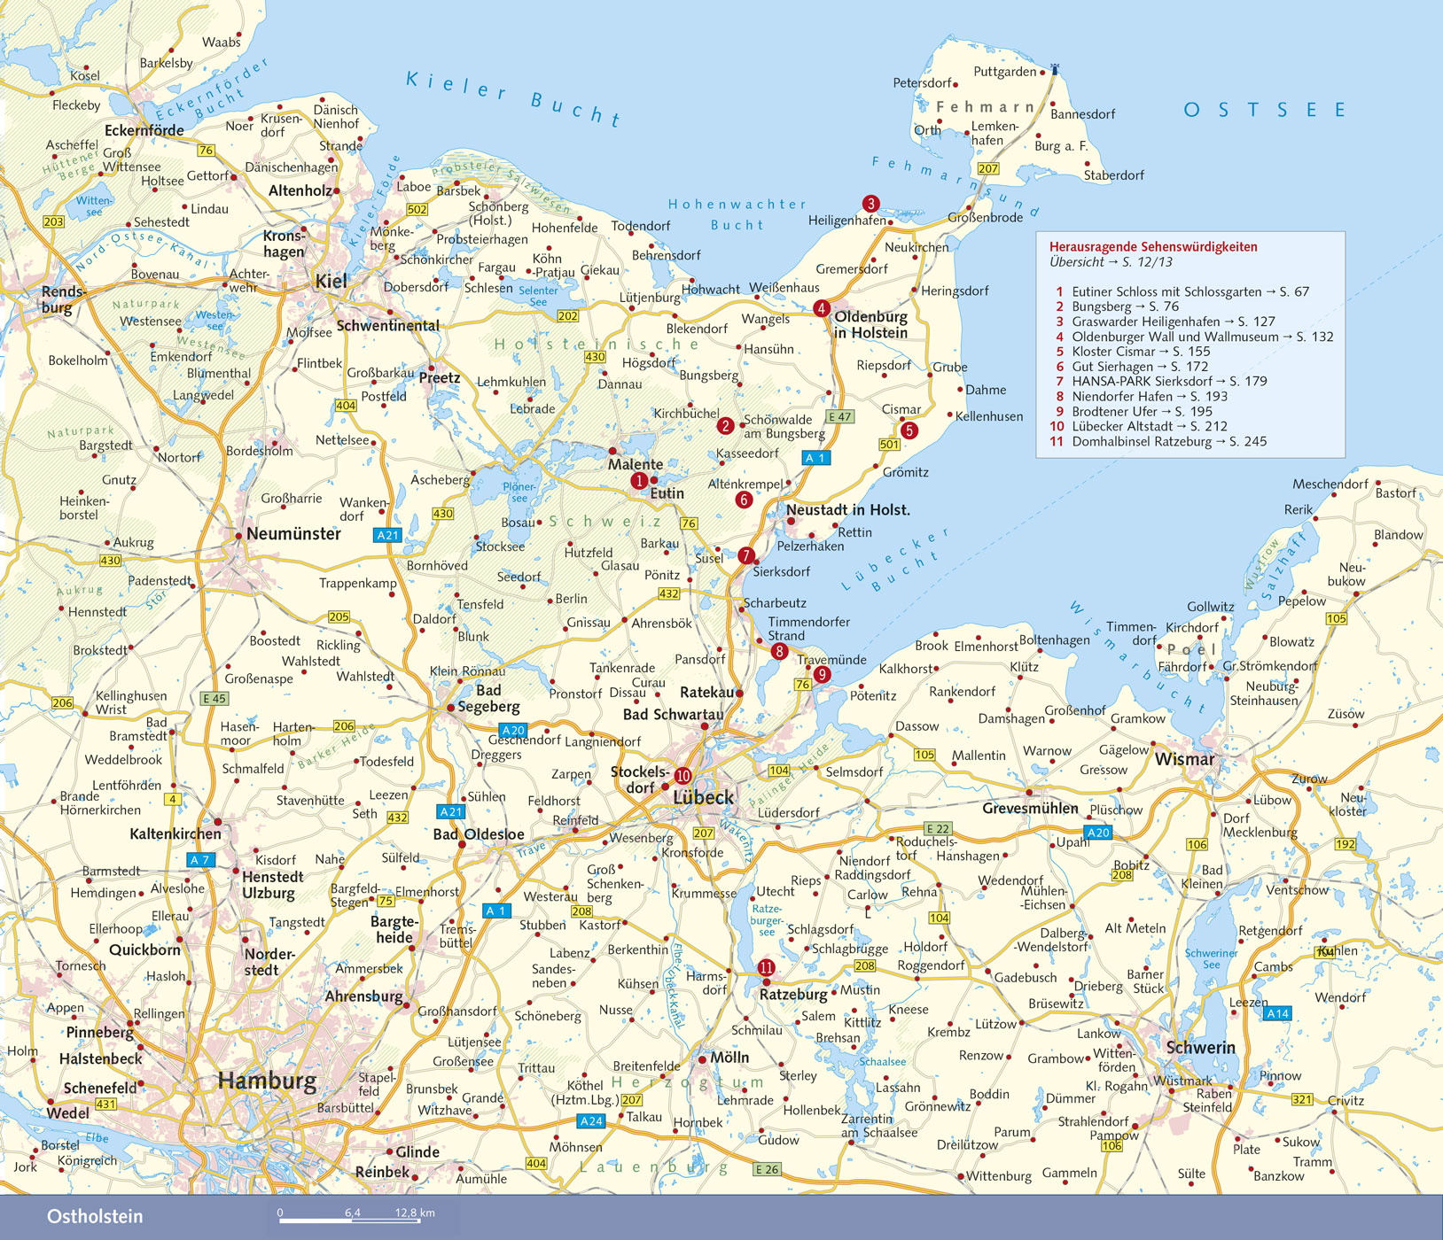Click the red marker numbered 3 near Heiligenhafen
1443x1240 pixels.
click(870, 204)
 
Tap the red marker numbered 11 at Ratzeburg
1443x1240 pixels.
click(766, 968)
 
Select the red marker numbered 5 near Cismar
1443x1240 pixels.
click(909, 430)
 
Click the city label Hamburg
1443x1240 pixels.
click(267, 1081)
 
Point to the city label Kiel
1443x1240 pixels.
click(331, 281)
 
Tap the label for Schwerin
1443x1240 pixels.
click(1200, 1047)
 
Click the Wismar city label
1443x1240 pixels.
click(1184, 759)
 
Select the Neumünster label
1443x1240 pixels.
click(293, 533)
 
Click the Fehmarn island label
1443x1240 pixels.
click(986, 107)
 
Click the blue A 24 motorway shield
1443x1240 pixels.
click(591, 1121)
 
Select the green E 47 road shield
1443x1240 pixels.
click(839, 416)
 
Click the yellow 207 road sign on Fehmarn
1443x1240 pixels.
click(987, 168)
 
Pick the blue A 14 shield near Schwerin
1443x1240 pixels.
click(1277, 1013)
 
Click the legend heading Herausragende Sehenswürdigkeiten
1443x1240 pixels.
click(1153, 247)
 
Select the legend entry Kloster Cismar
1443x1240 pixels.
click(1122, 352)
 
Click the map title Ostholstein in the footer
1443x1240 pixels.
click(95, 1216)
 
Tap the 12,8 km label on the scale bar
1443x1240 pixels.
click(415, 1213)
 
